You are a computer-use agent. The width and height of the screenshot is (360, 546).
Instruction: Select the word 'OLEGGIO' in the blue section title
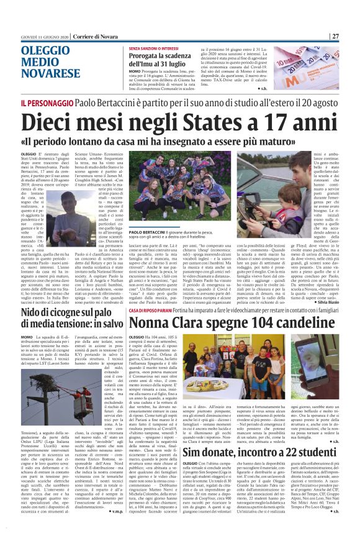click(x=44, y=51)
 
